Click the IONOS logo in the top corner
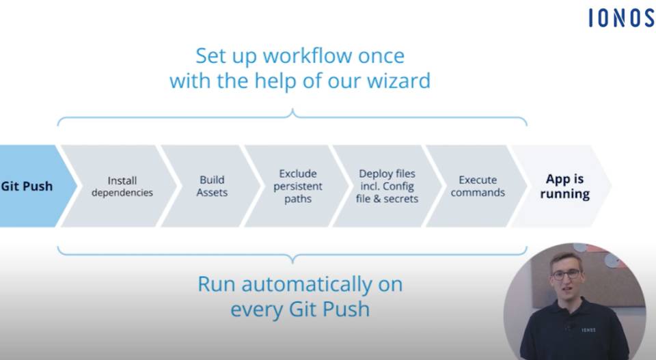622,18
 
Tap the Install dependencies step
122,186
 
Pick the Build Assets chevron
212,186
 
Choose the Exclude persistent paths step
298,186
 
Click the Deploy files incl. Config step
387,186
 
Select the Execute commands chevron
478,186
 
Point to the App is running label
565,186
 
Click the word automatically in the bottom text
307,285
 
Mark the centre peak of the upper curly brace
292,111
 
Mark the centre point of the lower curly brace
292,260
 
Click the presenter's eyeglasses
566,275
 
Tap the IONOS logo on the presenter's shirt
588,330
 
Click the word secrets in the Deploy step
401,199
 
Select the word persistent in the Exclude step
298,186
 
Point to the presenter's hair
566,258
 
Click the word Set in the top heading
210,55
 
